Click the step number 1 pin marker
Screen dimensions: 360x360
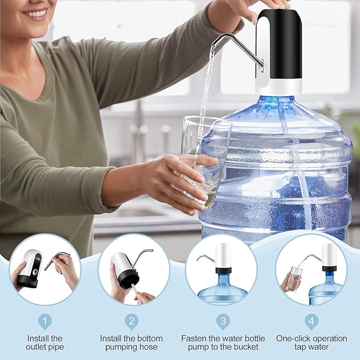point(45,321)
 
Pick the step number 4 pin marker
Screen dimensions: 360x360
point(311,321)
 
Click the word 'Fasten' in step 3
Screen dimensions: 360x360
point(194,338)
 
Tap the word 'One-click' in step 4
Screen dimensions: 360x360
point(294,338)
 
